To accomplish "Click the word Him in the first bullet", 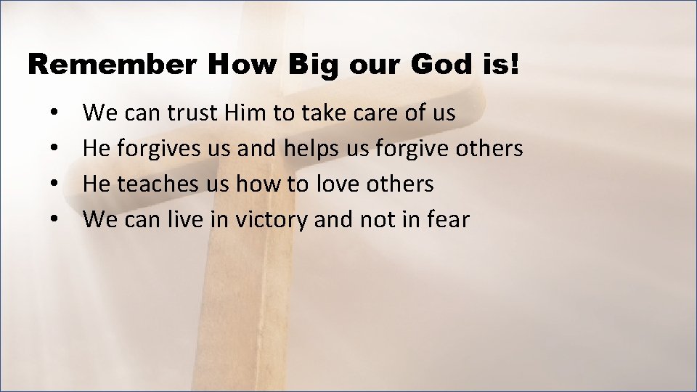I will tap(248, 113).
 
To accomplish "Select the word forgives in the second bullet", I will tap(157, 148).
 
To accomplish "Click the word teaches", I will tap(157, 184).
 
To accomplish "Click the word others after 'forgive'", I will tap(488, 148).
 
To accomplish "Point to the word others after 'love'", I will tap(399, 184).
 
